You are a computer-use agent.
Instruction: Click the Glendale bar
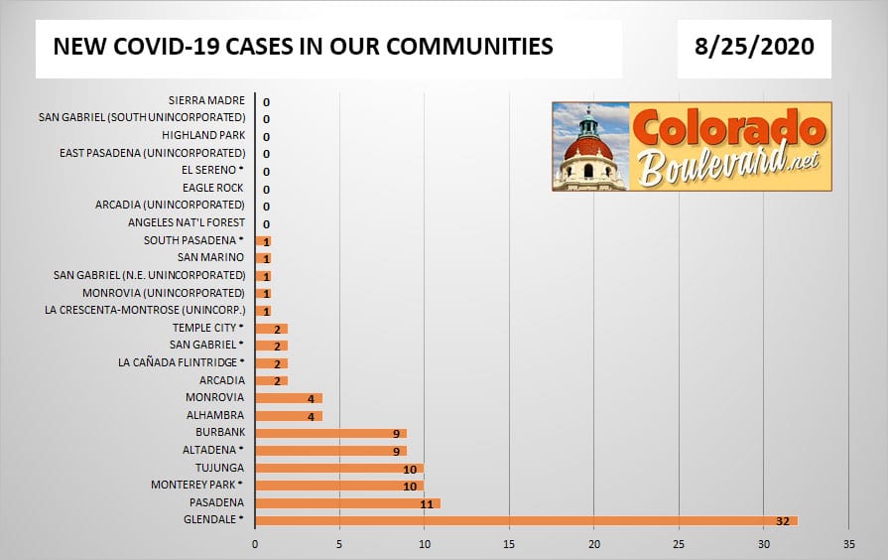(x=526, y=520)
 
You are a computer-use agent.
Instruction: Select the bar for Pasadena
(x=347, y=502)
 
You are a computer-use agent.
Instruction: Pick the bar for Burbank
(x=330, y=433)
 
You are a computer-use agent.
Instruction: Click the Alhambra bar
(x=289, y=415)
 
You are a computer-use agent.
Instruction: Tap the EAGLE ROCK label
(x=212, y=188)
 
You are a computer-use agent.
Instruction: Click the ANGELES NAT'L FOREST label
(x=186, y=222)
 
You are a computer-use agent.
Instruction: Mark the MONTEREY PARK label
(x=193, y=485)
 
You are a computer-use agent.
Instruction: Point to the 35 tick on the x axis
(x=848, y=544)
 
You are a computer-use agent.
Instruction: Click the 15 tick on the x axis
(x=509, y=544)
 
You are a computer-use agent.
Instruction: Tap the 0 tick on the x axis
(x=255, y=544)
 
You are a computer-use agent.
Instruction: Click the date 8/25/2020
(x=754, y=47)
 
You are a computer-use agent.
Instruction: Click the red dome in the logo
(x=588, y=148)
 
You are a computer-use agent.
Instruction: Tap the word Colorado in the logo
(x=727, y=130)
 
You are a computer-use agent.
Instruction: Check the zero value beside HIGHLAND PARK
(x=266, y=136)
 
